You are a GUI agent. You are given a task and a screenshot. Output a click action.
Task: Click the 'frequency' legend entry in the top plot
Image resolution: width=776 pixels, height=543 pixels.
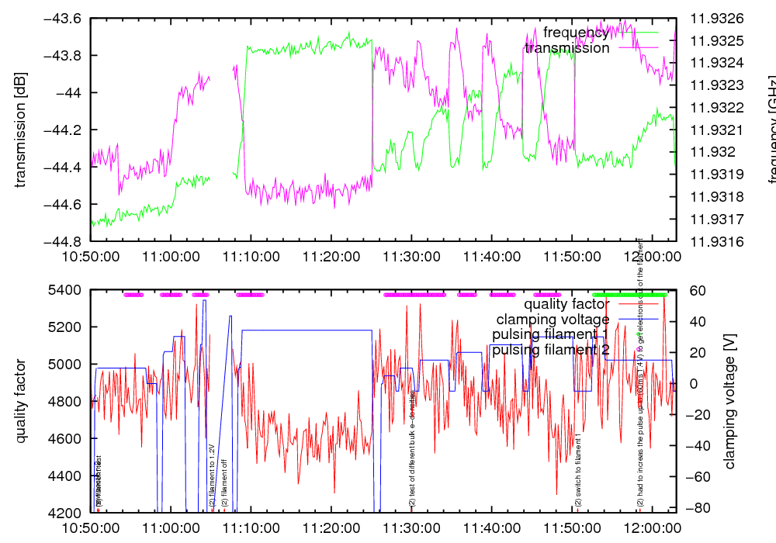point(576,33)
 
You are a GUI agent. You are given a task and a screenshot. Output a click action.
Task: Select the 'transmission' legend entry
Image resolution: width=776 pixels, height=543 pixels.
point(567,48)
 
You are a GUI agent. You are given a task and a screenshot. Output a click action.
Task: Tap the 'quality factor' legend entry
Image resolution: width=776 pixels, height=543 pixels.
point(566,303)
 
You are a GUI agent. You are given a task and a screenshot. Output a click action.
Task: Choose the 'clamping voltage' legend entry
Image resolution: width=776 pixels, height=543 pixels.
point(553,319)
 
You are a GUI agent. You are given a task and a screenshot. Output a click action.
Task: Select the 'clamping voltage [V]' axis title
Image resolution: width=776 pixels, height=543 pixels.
point(729,401)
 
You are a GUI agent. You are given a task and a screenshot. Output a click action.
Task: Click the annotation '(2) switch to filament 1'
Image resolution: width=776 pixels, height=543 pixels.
point(578,470)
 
